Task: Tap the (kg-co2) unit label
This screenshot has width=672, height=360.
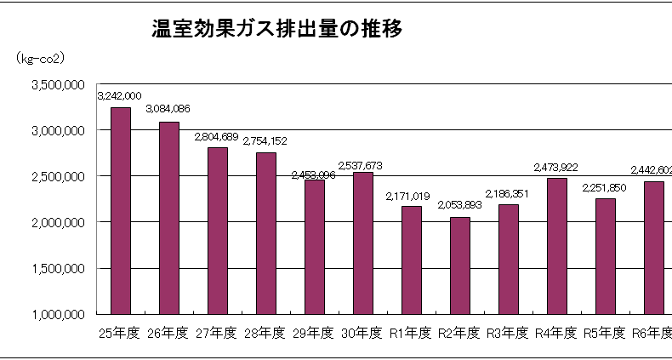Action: [41, 58]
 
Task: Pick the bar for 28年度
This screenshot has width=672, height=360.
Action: [265, 233]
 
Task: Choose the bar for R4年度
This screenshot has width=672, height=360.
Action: [556, 246]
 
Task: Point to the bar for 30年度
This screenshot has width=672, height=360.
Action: [362, 243]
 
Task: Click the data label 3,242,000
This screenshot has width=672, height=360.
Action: [120, 96]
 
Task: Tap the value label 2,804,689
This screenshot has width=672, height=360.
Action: [217, 136]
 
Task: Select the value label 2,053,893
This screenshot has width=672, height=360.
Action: [459, 206]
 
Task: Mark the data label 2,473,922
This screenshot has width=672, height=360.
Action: [556, 167]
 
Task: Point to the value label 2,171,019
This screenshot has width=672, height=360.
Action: [411, 195]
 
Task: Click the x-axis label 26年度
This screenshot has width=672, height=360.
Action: [168, 332]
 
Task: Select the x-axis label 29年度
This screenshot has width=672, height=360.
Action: [314, 332]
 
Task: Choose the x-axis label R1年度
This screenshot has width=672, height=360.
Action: [411, 332]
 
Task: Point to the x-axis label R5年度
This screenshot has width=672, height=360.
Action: [605, 332]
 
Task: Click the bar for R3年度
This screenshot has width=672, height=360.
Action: [508, 260]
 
